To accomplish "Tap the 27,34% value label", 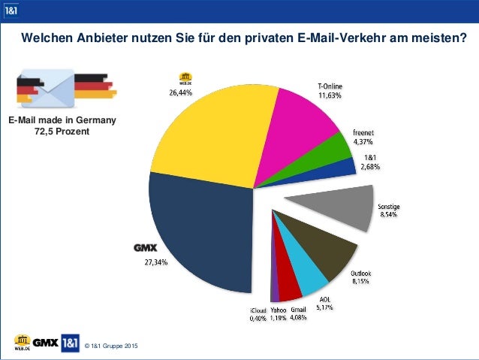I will (156, 263).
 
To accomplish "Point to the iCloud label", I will (258, 310).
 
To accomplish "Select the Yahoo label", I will (280, 310).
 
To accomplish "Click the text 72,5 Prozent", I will (62, 132).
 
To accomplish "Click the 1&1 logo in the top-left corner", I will (11, 10).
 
